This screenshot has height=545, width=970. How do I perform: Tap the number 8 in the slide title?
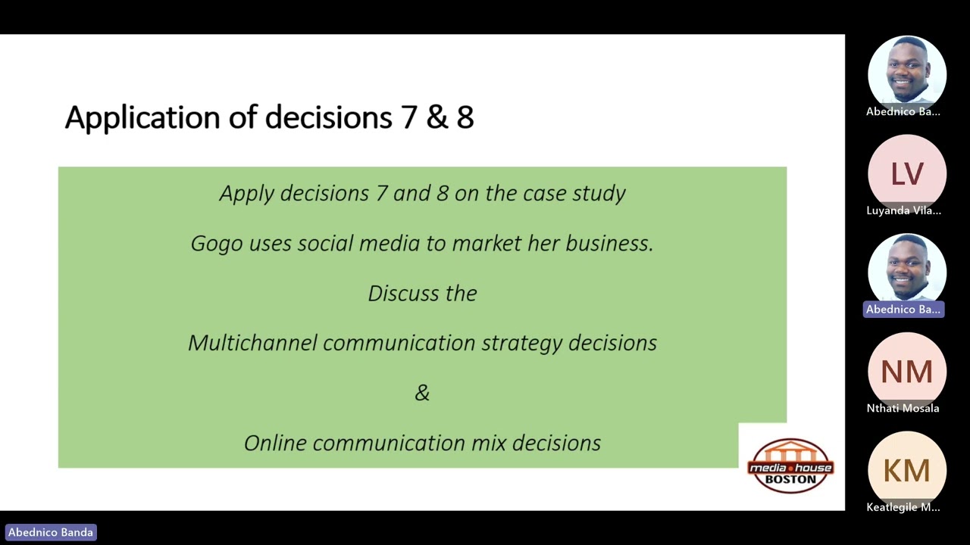coord(465,118)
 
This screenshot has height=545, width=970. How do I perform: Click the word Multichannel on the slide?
coord(252,343)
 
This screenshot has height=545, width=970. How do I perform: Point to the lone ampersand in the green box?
coord(422,393)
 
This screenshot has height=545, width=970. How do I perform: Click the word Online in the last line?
coord(275,443)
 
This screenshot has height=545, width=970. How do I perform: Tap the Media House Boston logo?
coord(790,466)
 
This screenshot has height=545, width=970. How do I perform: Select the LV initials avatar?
coord(906,174)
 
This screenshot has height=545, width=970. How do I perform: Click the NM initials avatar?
coord(906,372)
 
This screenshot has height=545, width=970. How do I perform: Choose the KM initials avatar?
coord(906,471)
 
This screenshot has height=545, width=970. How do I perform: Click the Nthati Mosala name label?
coord(903,408)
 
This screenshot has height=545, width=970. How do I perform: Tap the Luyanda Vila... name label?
coord(903,210)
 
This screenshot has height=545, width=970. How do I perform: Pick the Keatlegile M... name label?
coord(903,507)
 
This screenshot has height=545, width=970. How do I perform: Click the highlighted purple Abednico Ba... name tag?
coord(903,309)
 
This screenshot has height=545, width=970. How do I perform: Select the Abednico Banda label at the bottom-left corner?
coord(51,532)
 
